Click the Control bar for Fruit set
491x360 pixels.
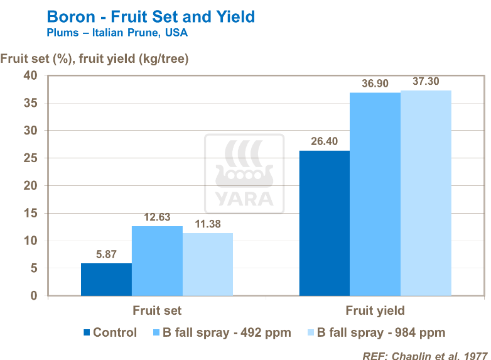106,280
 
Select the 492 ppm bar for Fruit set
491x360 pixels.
157,261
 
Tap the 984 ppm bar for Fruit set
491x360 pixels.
208,265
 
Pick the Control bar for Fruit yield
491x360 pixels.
324,223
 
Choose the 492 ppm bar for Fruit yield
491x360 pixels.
375,194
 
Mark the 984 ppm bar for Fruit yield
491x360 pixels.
426,193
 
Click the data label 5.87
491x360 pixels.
106,254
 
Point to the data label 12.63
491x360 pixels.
157,217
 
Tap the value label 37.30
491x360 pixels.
426,82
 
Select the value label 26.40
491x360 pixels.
324,141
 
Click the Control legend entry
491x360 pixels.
110,332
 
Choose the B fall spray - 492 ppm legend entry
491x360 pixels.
222,332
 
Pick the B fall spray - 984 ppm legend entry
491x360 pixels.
375,332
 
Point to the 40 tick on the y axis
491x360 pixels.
31,75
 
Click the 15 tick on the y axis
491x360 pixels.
31,213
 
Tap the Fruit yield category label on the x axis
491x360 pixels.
375,310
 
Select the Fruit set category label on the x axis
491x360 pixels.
157,310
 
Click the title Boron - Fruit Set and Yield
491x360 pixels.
151,16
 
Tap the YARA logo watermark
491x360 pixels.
245,170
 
